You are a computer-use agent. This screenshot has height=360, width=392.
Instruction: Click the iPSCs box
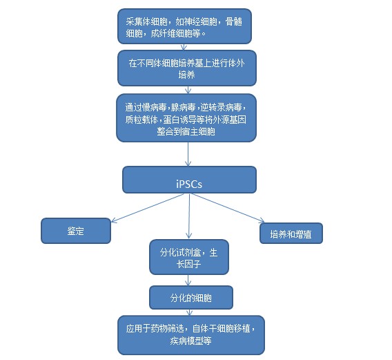[189, 180]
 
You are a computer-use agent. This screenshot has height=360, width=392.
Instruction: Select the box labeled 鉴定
[76, 231]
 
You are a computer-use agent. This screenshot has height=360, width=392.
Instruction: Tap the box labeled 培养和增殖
[291, 233]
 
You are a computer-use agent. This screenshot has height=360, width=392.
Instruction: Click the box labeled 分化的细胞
[191, 297]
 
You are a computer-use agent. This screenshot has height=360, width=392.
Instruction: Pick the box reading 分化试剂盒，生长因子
[189, 257]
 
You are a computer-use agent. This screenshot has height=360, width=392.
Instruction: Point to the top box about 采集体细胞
[184, 26]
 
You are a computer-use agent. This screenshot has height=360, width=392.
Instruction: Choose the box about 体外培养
[187, 68]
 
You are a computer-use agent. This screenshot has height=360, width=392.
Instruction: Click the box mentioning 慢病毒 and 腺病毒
[186, 118]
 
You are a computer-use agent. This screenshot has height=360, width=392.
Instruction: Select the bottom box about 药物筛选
[191, 335]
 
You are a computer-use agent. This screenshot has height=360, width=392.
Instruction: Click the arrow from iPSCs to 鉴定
[148, 208]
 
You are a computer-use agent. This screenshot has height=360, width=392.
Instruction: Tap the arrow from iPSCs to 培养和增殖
[228, 208]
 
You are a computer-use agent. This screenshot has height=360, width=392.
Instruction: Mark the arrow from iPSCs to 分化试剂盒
[189, 216]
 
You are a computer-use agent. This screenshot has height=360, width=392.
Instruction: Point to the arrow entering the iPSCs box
[188, 154]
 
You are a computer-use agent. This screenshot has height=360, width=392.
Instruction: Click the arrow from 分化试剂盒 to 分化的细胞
[188, 280]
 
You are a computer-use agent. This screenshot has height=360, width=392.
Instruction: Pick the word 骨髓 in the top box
[233, 22]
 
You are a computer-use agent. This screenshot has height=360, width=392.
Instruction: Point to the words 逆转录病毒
[221, 107]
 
